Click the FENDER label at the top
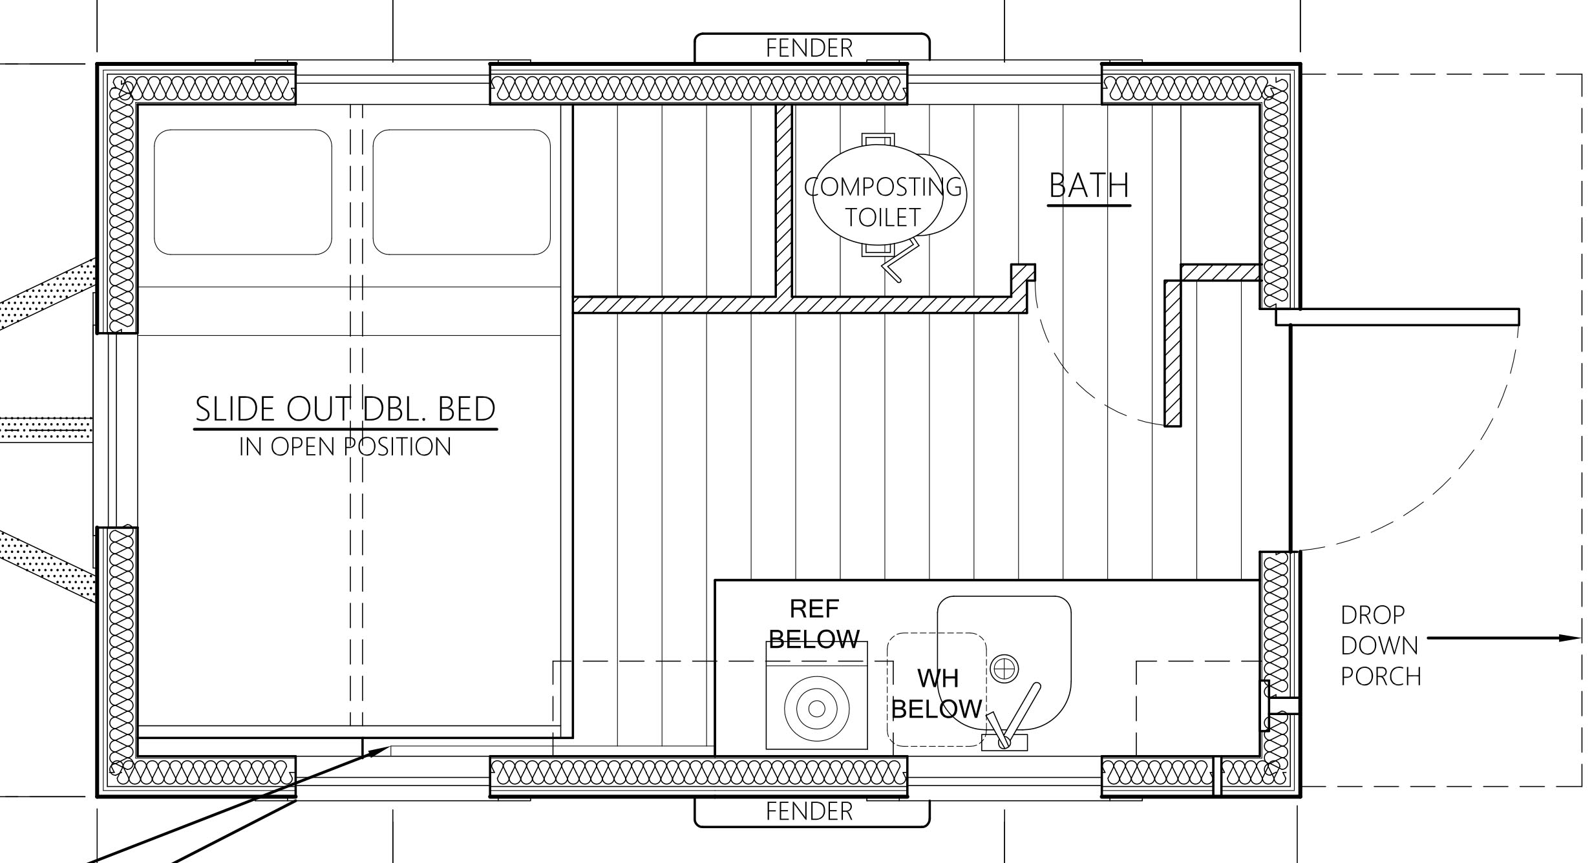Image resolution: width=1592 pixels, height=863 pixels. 809,48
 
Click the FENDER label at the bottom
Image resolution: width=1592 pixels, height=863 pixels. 809,811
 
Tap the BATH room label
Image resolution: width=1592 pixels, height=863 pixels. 1089,186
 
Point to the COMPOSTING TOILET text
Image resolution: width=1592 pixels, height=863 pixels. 883,202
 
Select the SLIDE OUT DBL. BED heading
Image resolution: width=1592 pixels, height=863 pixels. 345,409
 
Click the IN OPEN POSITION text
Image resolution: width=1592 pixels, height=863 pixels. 345,447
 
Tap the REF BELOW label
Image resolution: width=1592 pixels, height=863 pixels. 814,624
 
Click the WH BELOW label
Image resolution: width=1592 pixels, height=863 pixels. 937,694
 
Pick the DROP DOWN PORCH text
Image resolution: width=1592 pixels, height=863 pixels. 1381,646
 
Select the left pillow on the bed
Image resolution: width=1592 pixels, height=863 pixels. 243,192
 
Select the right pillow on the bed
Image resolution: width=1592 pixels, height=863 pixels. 462,192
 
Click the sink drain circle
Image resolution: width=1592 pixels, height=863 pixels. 1004,669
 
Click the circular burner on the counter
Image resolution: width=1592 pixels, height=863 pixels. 816,709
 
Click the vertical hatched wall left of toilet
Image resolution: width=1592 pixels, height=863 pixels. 783,200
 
